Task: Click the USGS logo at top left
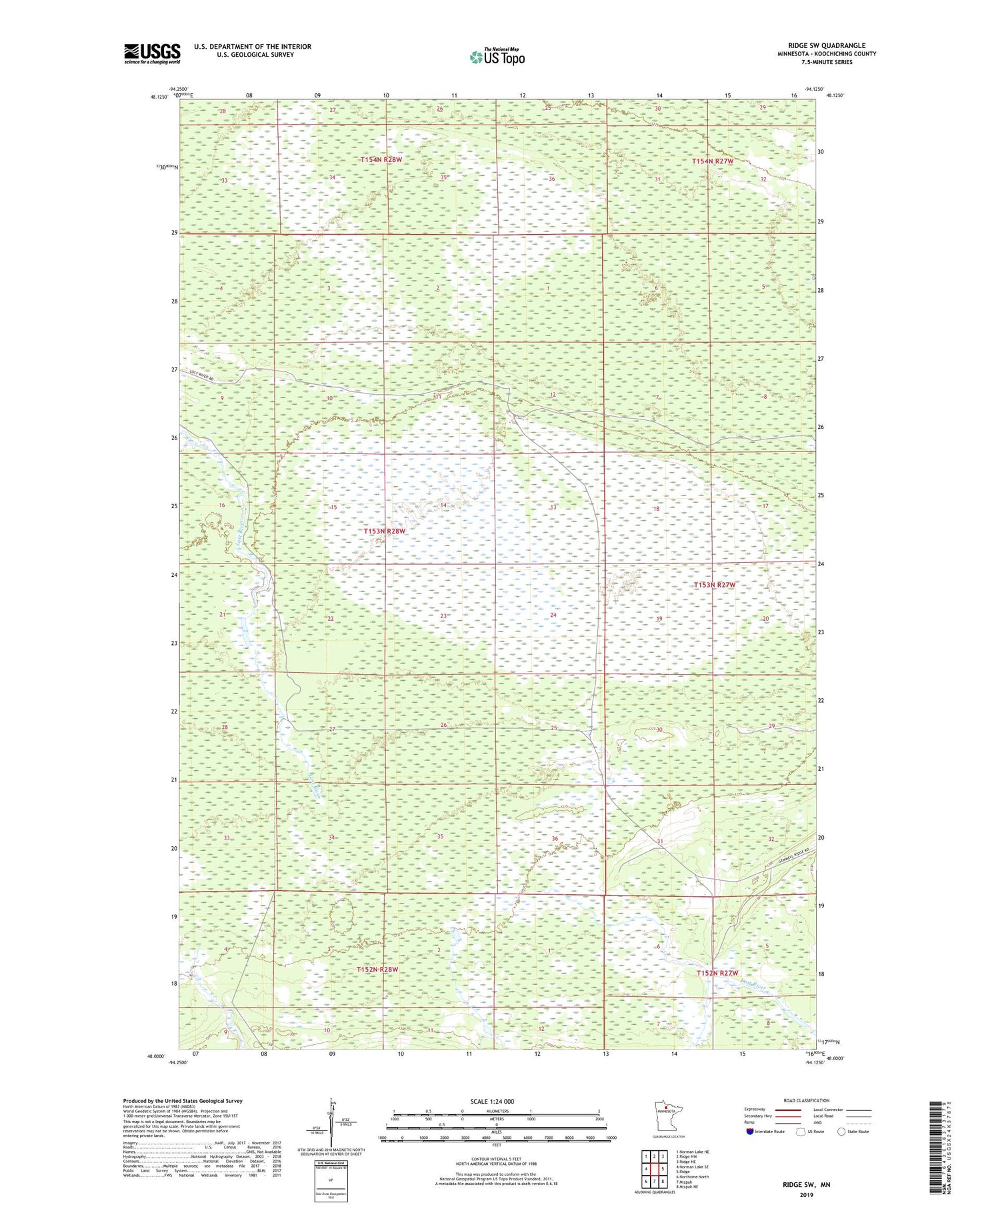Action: [x=152, y=53]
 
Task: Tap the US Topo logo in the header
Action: [x=497, y=57]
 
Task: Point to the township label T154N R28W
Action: [x=381, y=160]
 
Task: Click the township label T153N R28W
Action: [x=385, y=531]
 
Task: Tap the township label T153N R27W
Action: [x=715, y=585]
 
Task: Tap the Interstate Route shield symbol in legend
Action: [x=750, y=1131]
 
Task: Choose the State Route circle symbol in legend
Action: [x=841, y=1131]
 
